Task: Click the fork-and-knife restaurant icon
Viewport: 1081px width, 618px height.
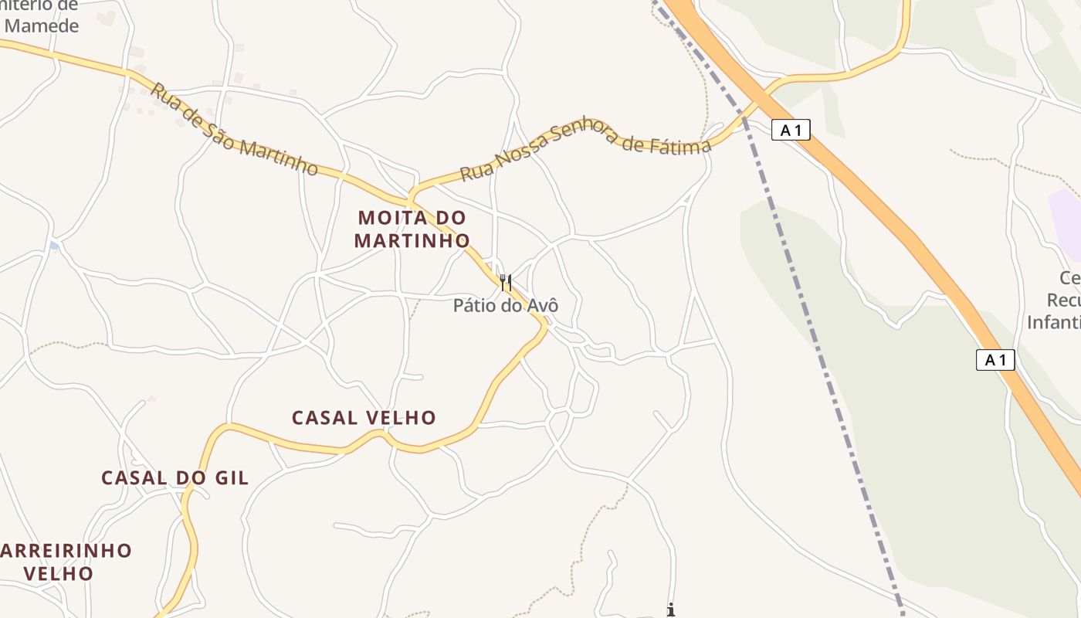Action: (505, 283)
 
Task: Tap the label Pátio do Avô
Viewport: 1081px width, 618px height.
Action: (505, 306)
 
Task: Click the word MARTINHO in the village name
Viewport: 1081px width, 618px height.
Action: (412, 241)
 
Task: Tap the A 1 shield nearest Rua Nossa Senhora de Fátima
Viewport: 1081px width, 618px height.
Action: (791, 131)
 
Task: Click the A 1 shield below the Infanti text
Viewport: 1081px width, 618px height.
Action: (995, 360)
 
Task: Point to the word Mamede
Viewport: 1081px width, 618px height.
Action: (42, 25)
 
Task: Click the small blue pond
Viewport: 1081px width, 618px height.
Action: (53, 246)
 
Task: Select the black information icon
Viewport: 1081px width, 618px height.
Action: (671, 610)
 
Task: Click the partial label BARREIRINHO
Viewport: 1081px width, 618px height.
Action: (66, 551)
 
